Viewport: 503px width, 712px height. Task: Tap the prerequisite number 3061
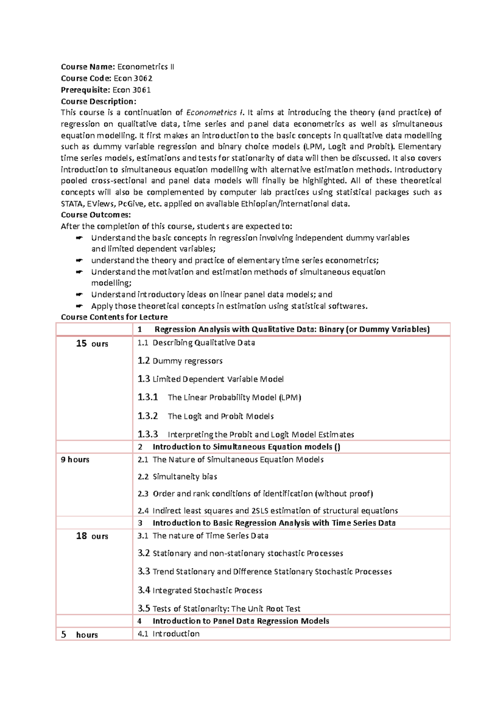pos(142,90)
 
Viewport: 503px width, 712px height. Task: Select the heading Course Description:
pos(99,101)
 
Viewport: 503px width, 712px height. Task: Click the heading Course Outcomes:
pos(96,215)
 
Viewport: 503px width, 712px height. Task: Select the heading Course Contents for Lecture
pos(114,317)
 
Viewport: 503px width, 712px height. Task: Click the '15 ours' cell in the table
pos(92,343)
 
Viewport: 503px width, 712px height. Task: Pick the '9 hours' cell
pos(75,460)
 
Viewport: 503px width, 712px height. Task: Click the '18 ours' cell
pos(92,536)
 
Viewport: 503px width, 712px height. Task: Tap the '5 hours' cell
pos(79,634)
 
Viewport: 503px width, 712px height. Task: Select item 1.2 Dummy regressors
pos(180,361)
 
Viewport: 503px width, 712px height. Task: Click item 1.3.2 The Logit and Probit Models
pos(205,416)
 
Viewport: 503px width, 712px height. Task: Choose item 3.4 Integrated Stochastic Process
pos(200,590)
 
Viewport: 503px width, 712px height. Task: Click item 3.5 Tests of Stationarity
pos(219,608)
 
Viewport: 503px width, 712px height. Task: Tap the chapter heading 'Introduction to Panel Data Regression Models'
pos(241,621)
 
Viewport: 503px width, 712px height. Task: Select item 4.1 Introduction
pos(169,634)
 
